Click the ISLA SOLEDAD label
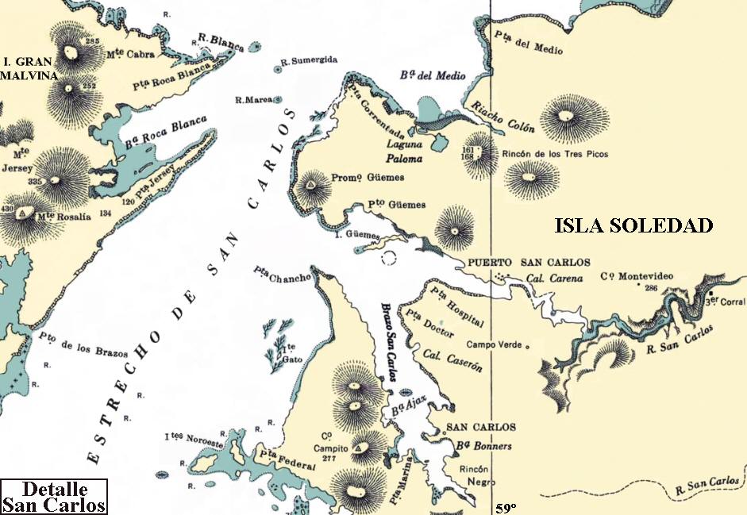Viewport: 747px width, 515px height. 633,226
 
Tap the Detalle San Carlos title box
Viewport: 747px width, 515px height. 54,497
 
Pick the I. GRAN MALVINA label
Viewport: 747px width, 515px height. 29,68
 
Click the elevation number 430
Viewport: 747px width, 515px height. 9,209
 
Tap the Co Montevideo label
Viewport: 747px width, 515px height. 637,276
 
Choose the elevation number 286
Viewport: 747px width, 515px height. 652,287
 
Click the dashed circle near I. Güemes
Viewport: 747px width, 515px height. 389,257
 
